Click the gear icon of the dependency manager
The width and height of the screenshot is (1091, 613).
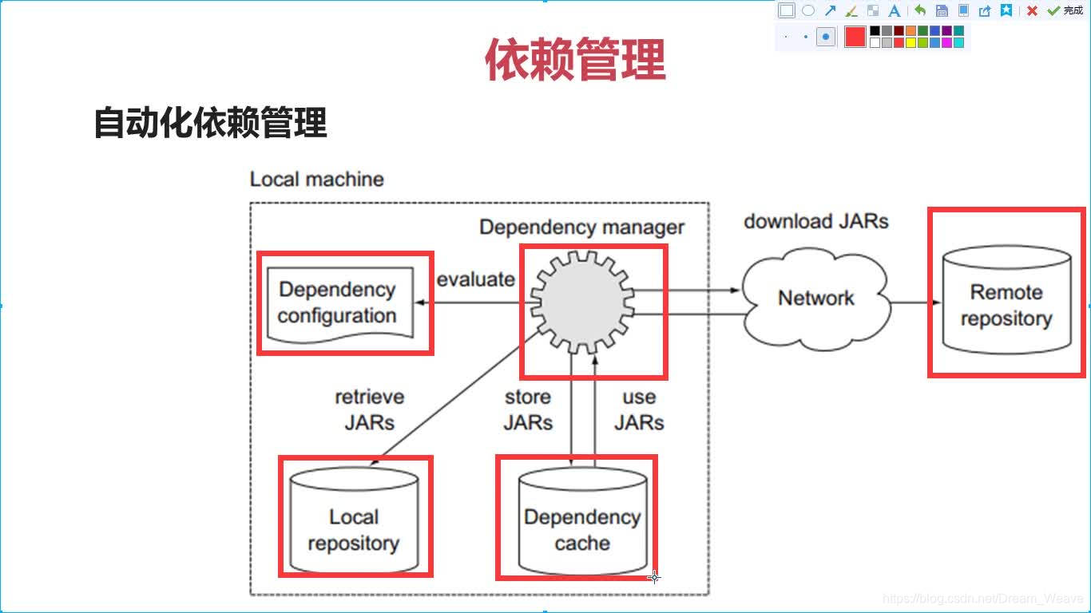tap(582, 302)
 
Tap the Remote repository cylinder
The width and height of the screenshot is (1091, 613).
tap(1007, 299)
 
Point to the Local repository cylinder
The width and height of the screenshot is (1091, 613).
tap(354, 520)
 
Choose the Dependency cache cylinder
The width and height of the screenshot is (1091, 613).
tap(582, 521)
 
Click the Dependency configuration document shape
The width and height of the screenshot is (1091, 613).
tap(340, 305)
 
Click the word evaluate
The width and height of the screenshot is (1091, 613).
tap(475, 279)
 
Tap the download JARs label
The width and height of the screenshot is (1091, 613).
tap(816, 222)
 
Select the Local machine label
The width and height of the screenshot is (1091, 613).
tap(316, 179)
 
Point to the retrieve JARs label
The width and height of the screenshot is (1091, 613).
tap(370, 410)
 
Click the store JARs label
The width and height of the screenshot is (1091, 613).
tap(528, 410)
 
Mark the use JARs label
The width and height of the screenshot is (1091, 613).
tap(639, 410)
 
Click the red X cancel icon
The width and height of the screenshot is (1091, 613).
tap(1032, 10)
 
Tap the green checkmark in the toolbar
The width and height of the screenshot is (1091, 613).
tap(1053, 10)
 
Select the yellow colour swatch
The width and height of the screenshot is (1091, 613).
tap(910, 42)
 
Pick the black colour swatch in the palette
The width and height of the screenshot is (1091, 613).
tap(875, 30)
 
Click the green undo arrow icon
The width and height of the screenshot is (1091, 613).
tap(919, 10)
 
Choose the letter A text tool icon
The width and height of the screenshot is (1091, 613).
tap(895, 10)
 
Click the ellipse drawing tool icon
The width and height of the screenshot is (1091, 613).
tap(808, 10)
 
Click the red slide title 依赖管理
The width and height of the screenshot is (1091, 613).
tap(575, 59)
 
